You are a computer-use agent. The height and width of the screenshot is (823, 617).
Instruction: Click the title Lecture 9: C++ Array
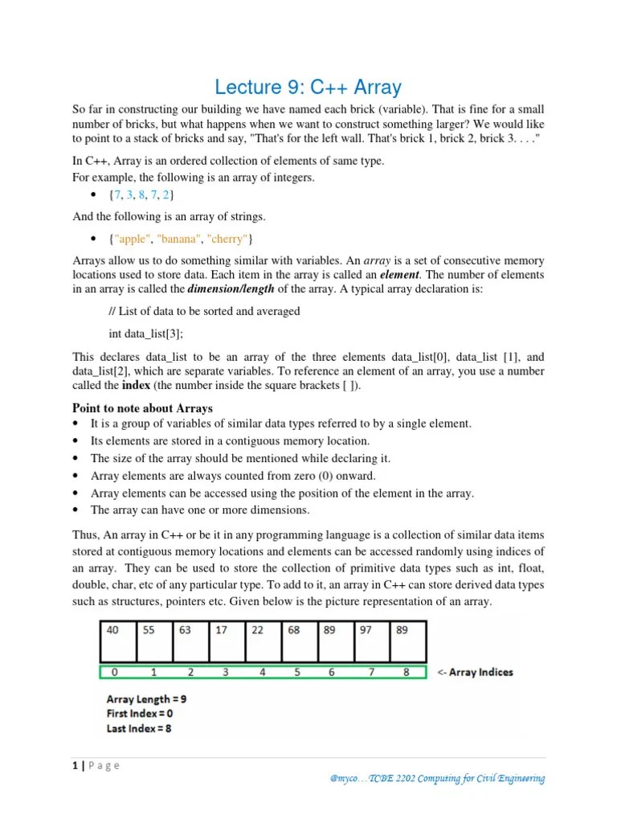pyautogui.click(x=308, y=87)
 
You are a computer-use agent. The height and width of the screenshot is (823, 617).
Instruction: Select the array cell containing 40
pyautogui.click(x=117, y=641)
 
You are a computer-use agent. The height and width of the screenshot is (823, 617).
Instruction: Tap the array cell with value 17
pyautogui.click(x=226, y=641)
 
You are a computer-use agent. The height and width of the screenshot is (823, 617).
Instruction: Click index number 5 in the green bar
pyautogui.click(x=296, y=672)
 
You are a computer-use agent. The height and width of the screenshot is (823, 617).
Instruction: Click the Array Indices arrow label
pyautogui.click(x=474, y=672)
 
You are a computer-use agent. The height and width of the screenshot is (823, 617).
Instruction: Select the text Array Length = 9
pyautogui.click(x=146, y=699)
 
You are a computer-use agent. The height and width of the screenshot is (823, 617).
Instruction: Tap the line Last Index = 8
pyautogui.click(x=138, y=728)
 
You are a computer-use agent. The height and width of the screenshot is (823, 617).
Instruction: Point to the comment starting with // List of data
pyautogui.click(x=204, y=311)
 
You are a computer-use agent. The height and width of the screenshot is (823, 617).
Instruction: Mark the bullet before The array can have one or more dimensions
pyautogui.click(x=76, y=510)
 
